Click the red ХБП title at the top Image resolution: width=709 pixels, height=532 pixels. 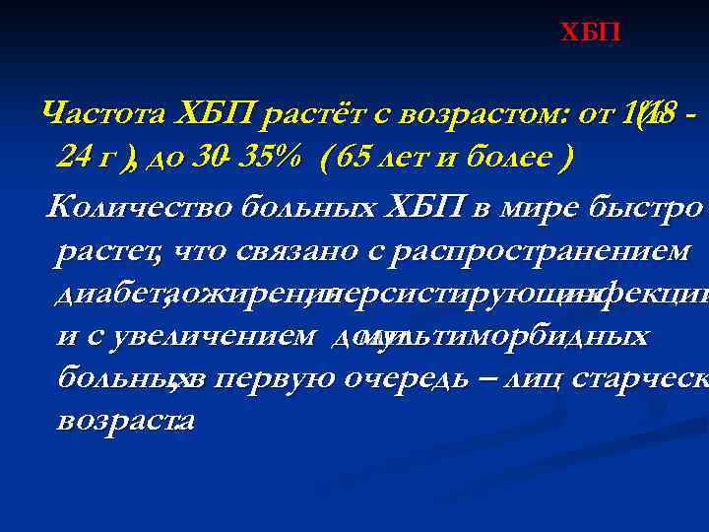(x=591, y=33)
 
